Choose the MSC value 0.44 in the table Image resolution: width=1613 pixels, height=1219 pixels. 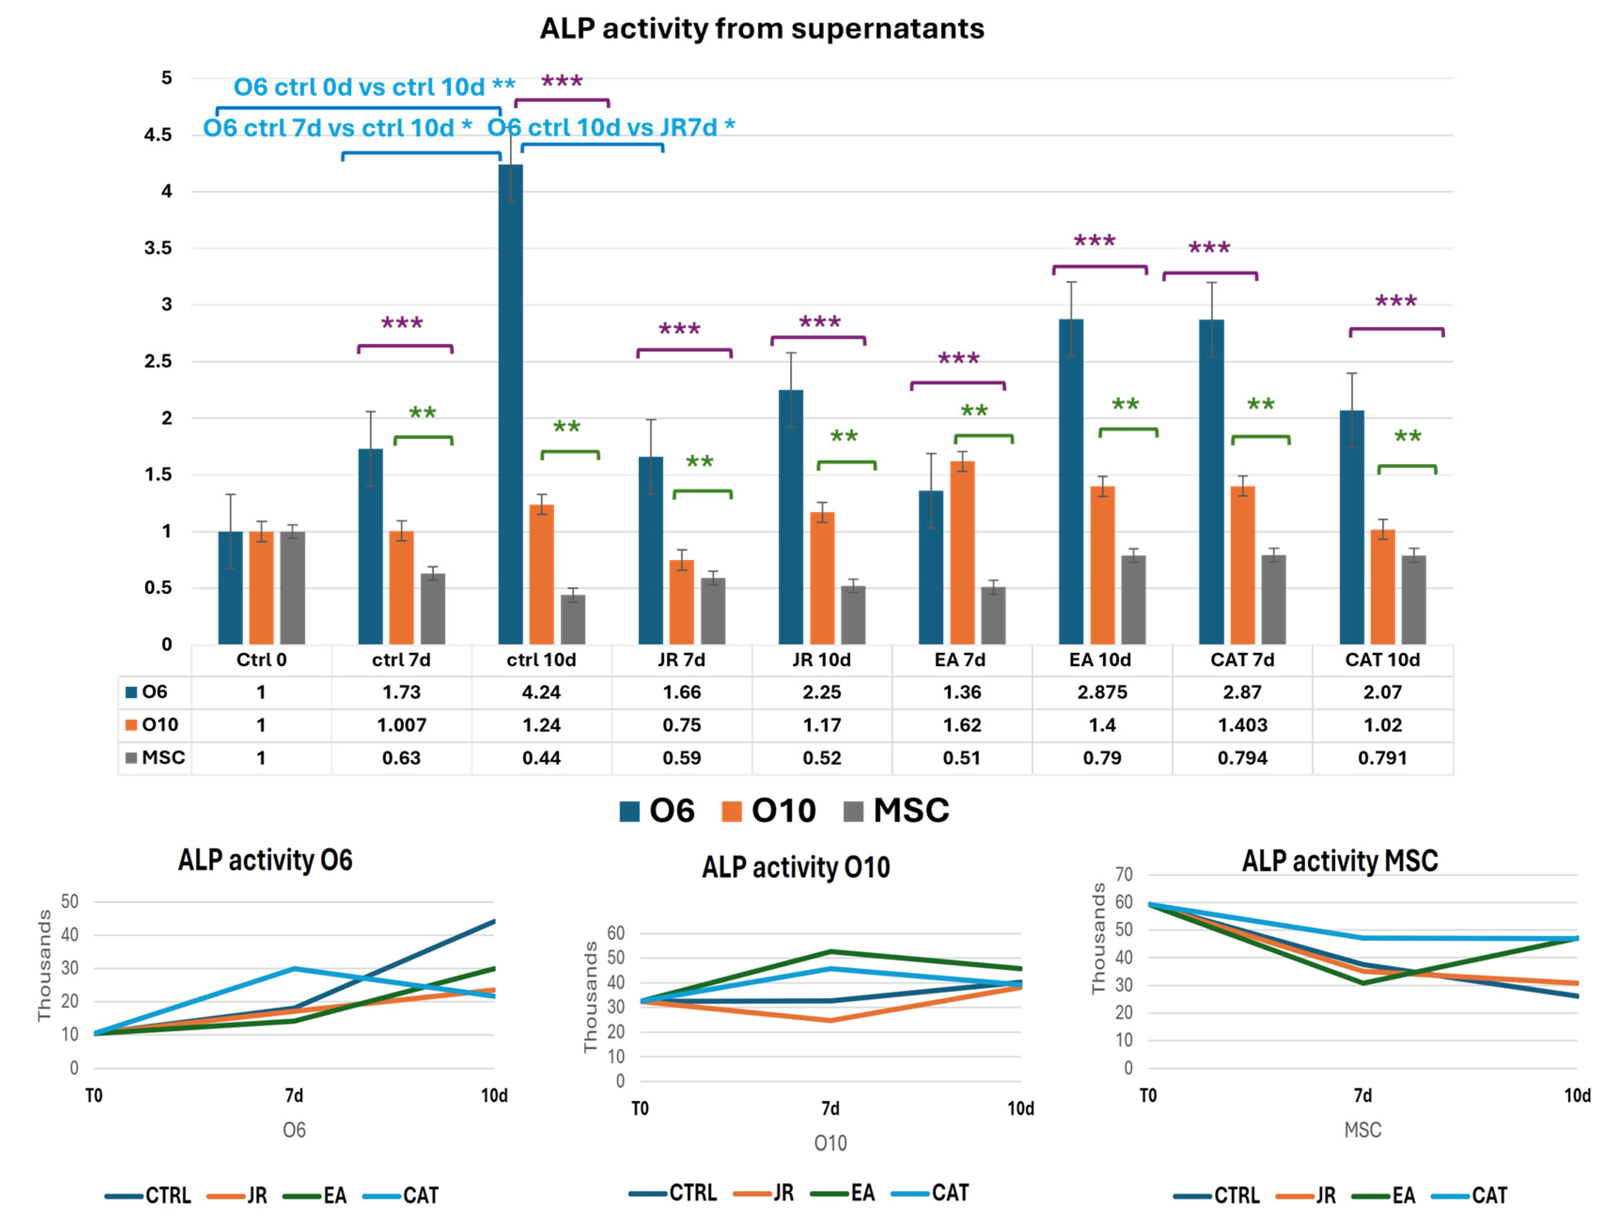click(x=541, y=758)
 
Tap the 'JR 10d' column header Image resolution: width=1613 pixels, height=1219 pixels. click(x=821, y=660)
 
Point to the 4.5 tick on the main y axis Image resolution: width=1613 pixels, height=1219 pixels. click(x=157, y=135)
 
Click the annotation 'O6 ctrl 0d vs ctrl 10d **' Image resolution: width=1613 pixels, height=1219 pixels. click(x=374, y=87)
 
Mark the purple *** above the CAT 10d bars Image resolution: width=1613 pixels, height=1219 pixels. click(x=1396, y=301)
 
